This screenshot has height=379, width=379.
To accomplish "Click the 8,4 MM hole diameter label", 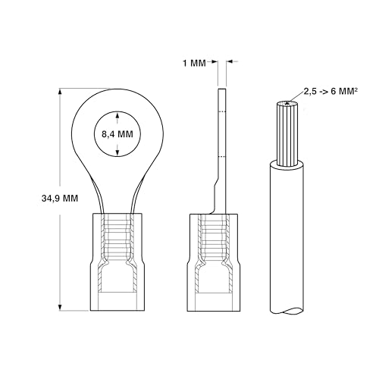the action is (x=117, y=134).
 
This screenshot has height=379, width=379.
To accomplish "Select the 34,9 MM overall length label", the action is (x=60, y=199).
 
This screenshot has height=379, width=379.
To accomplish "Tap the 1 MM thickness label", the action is (x=194, y=63).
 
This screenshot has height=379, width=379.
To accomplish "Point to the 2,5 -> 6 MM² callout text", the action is (x=330, y=91).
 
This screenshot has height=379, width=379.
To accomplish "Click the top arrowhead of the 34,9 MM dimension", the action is (x=60, y=92).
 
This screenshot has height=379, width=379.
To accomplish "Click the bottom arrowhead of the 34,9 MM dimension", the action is (x=60, y=307).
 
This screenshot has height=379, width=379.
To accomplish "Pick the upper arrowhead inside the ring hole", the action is (x=117, y=115).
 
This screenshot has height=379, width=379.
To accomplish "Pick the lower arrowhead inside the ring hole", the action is (x=117, y=152).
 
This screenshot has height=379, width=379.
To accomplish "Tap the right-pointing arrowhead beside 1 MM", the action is (x=215, y=61).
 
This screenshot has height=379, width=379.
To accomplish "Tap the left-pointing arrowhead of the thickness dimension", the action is (x=229, y=61).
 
